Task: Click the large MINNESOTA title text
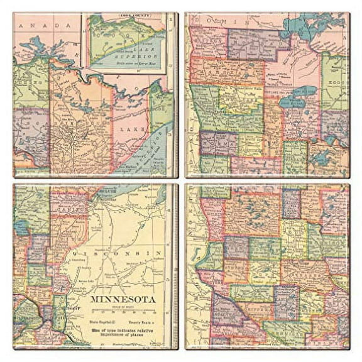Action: point(124,299)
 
